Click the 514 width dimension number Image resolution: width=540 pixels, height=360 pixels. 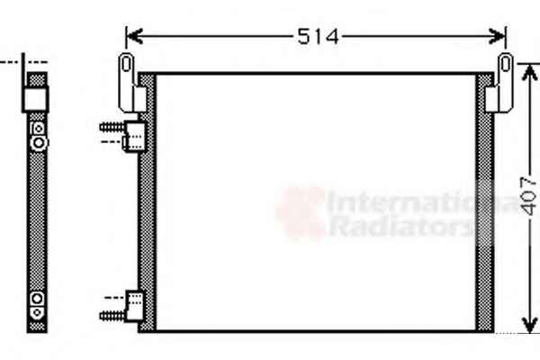tap(318, 37)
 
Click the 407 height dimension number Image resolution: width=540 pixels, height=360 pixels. tap(528, 196)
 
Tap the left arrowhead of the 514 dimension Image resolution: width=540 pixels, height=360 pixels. tap(134, 36)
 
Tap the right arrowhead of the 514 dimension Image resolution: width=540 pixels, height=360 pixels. tap(498, 36)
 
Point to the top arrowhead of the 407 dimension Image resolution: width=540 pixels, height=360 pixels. tap(529, 72)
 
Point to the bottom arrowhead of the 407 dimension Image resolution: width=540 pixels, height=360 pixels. tap(529, 325)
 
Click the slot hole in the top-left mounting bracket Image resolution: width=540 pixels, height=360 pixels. tap(126, 64)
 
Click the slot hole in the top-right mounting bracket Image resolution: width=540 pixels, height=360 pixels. tap(505, 64)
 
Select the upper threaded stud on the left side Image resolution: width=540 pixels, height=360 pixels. tap(112, 127)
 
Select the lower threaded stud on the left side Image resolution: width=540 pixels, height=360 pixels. tap(112, 315)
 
